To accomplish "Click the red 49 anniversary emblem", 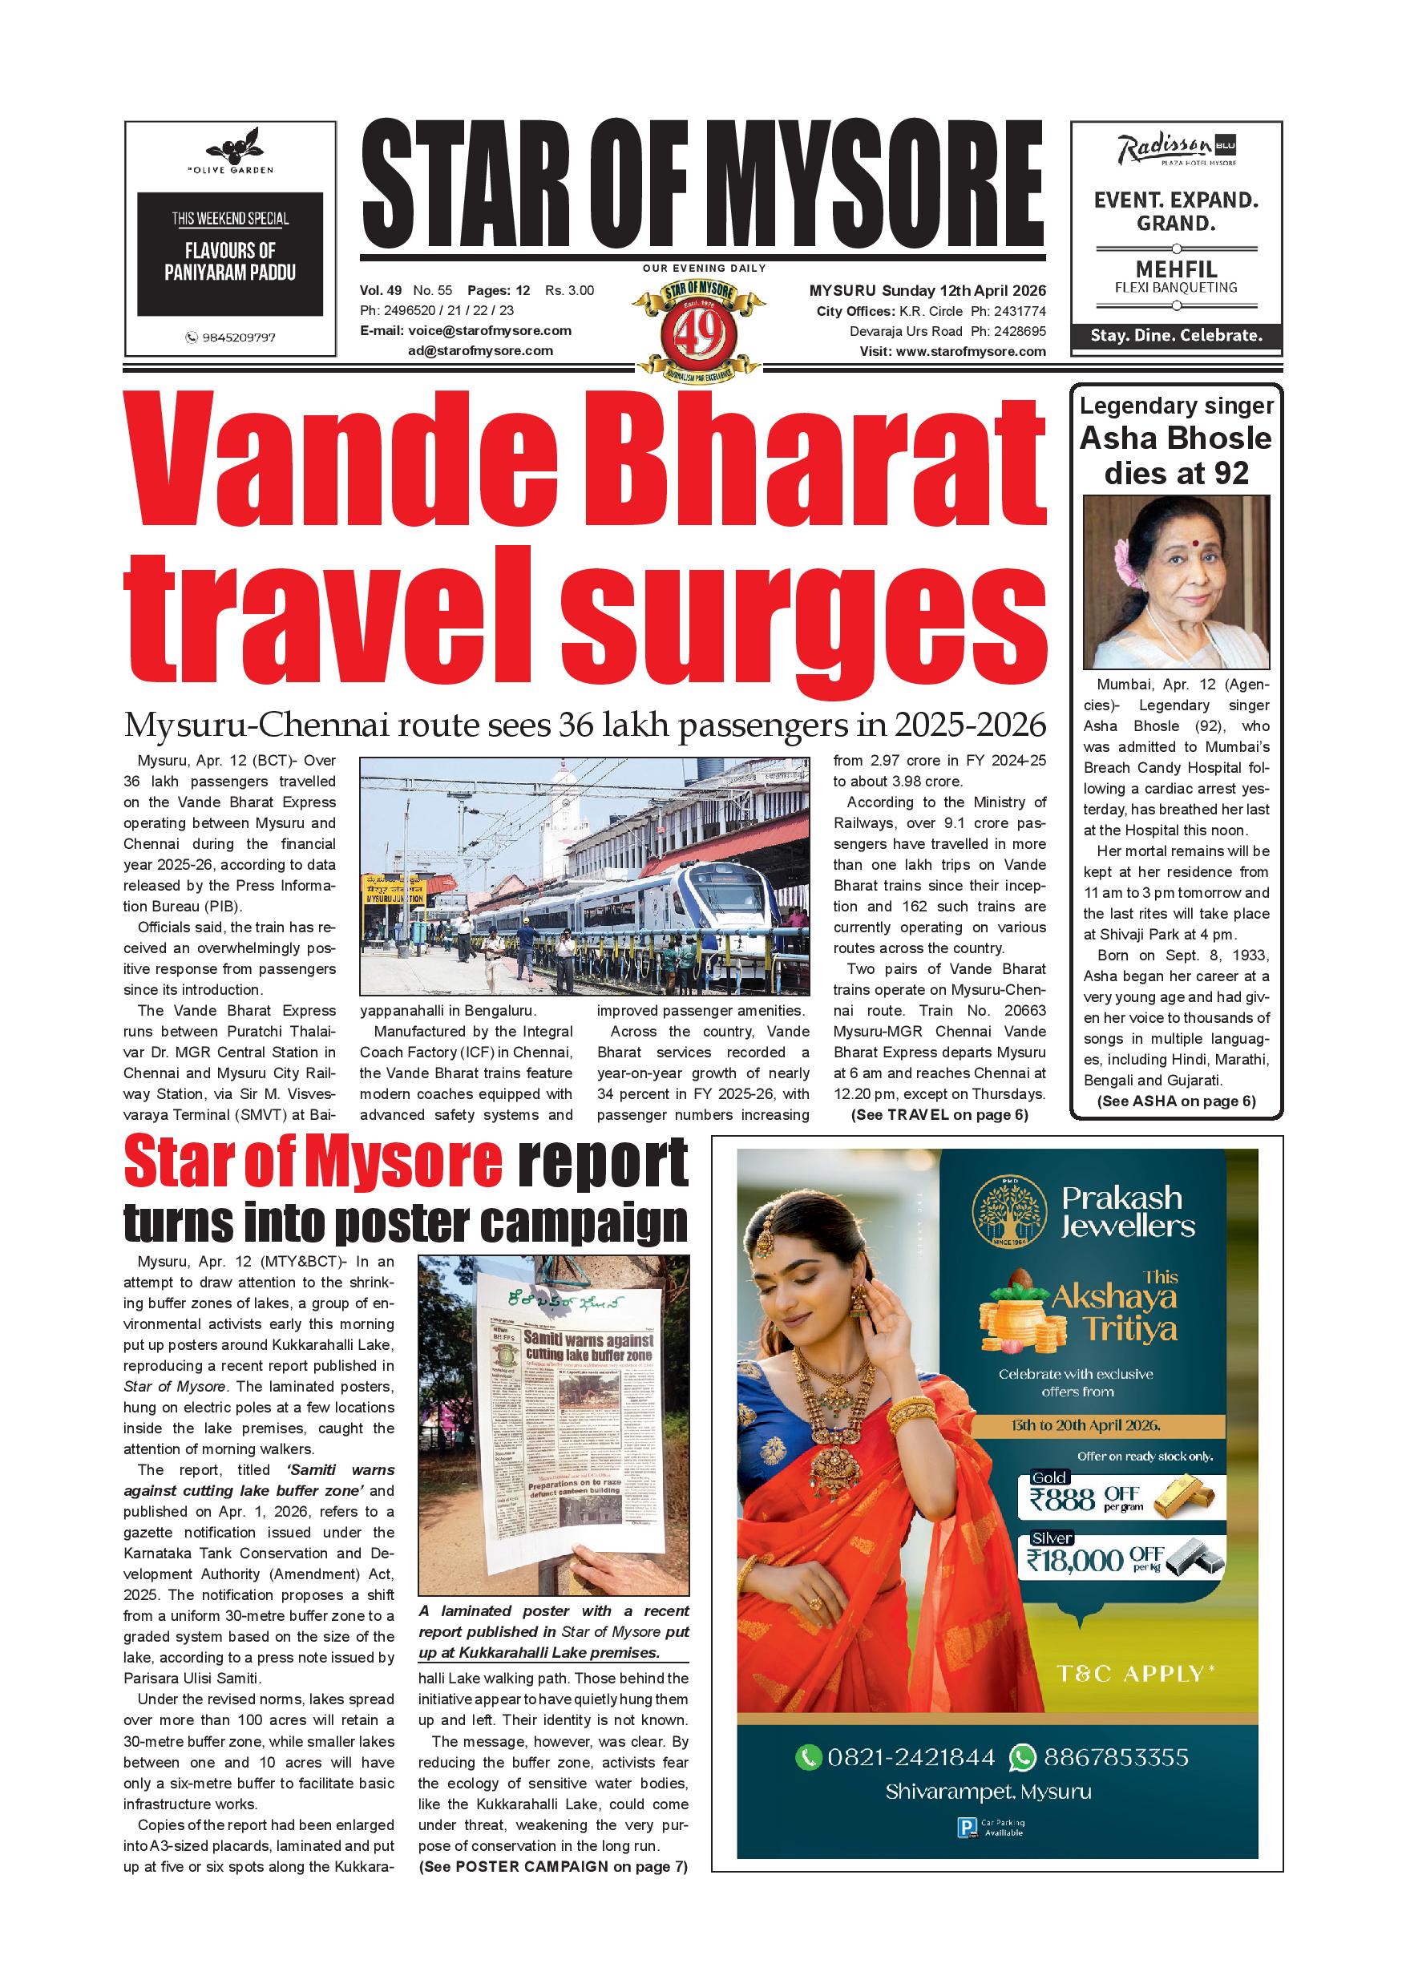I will coord(700,335).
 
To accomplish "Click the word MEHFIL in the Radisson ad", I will coord(1176,269).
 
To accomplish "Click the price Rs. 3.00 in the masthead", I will coord(569,290).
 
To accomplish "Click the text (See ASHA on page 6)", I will coord(1176,1101).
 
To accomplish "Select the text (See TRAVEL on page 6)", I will coord(939,1115).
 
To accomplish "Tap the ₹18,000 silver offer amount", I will coord(1077,1559).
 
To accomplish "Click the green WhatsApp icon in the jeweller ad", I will coord(1023,1757).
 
